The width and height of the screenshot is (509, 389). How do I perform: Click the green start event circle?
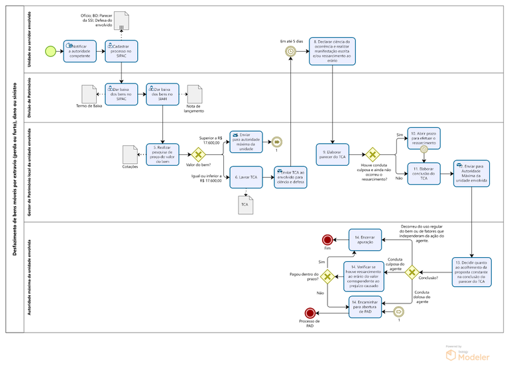pyautogui.click(x=50, y=51)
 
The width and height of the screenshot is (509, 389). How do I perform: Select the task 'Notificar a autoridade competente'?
pyautogui.click(x=80, y=51)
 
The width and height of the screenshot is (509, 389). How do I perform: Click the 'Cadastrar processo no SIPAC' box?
pyautogui.click(x=121, y=51)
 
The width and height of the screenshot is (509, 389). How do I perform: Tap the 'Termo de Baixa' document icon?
pyautogui.click(x=89, y=94)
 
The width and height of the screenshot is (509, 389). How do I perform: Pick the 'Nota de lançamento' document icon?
pyautogui.click(x=195, y=95)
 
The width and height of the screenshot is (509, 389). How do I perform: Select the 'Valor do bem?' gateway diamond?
pyautogui.click(x=197, y=154)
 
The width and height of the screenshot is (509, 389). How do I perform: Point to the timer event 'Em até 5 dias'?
pyautogui.click(x=290, y=51)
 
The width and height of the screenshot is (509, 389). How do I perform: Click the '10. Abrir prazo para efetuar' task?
pyautogui.click(x=424, y=139)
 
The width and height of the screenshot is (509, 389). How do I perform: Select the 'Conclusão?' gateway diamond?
pyautogui.click(x=412, y=272)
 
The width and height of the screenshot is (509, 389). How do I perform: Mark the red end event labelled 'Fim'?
pyautogui.click(x=327, y=239)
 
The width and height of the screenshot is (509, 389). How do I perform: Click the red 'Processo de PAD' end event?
pyautogui.click(x=309, y=313)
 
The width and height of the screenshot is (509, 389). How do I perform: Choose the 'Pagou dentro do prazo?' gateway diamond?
pyautogui.click(x=327, y=275)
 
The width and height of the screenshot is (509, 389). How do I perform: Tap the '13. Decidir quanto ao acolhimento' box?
pyautogui.click(x=472, y=271)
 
